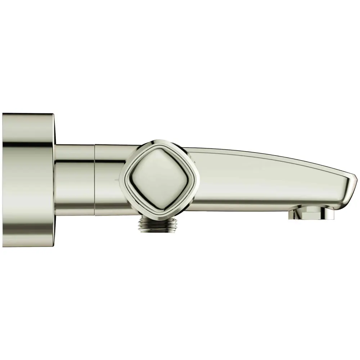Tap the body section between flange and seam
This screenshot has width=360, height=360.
(x=76, y=180)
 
